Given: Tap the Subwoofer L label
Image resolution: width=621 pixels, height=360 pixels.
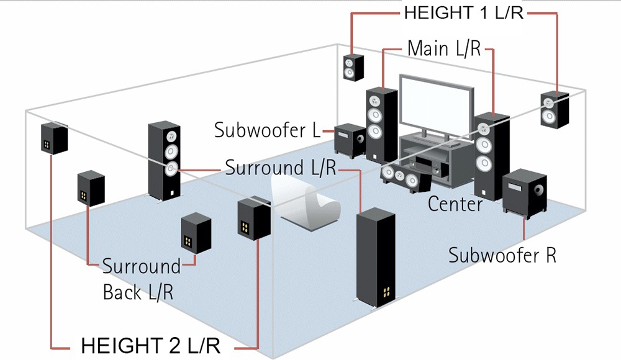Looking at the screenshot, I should [x=267, y=131].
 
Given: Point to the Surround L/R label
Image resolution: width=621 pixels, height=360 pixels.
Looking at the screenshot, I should [x=280, y=168].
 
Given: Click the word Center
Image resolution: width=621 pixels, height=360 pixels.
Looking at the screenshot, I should [x=455, y=204].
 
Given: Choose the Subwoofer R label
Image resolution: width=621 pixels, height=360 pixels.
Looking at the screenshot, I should [x=502, y=254].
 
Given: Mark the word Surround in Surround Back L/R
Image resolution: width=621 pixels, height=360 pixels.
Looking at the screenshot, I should [x=141, y=267].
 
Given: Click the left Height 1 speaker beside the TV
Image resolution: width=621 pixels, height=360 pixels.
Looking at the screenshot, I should [x=353, y=66].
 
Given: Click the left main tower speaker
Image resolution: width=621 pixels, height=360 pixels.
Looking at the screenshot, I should [x=381, y=124].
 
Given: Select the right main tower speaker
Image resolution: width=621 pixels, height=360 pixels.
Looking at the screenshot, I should [x=491, y=155].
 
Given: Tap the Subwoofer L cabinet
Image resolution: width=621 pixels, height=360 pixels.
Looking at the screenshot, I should [x=349, y=139].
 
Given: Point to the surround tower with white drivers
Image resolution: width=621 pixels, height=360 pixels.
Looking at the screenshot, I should [x=165, y=158].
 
